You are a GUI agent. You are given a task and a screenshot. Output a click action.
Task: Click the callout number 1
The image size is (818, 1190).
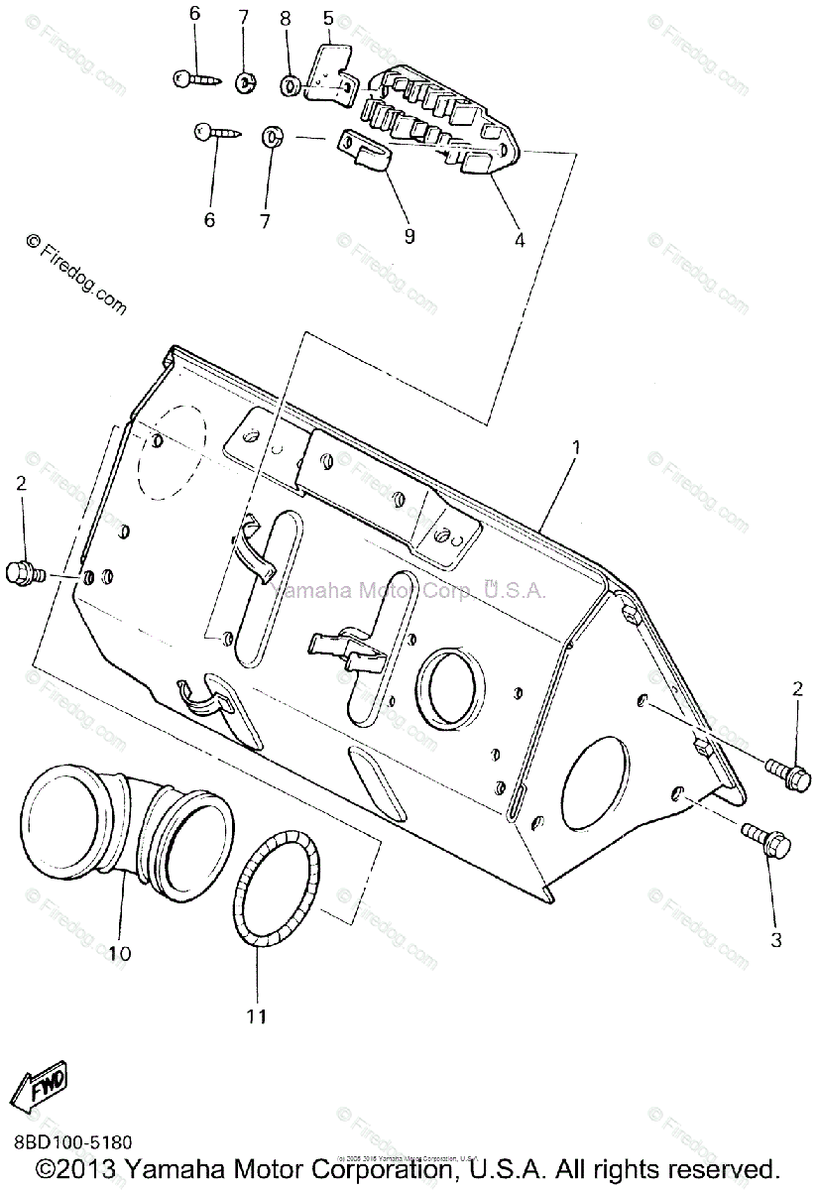coord(575,448)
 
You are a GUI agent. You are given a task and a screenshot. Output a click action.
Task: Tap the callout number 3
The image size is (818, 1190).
coord(776,939)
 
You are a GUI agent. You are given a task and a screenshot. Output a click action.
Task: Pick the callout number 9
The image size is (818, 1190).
coord(409,236)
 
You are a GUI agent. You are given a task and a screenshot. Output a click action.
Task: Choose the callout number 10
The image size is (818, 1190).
coord(119,954)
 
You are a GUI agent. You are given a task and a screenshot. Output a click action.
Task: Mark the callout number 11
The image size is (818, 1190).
coord(257,1016)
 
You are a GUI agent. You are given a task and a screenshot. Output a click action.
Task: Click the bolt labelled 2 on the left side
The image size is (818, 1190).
coord(23,572)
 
